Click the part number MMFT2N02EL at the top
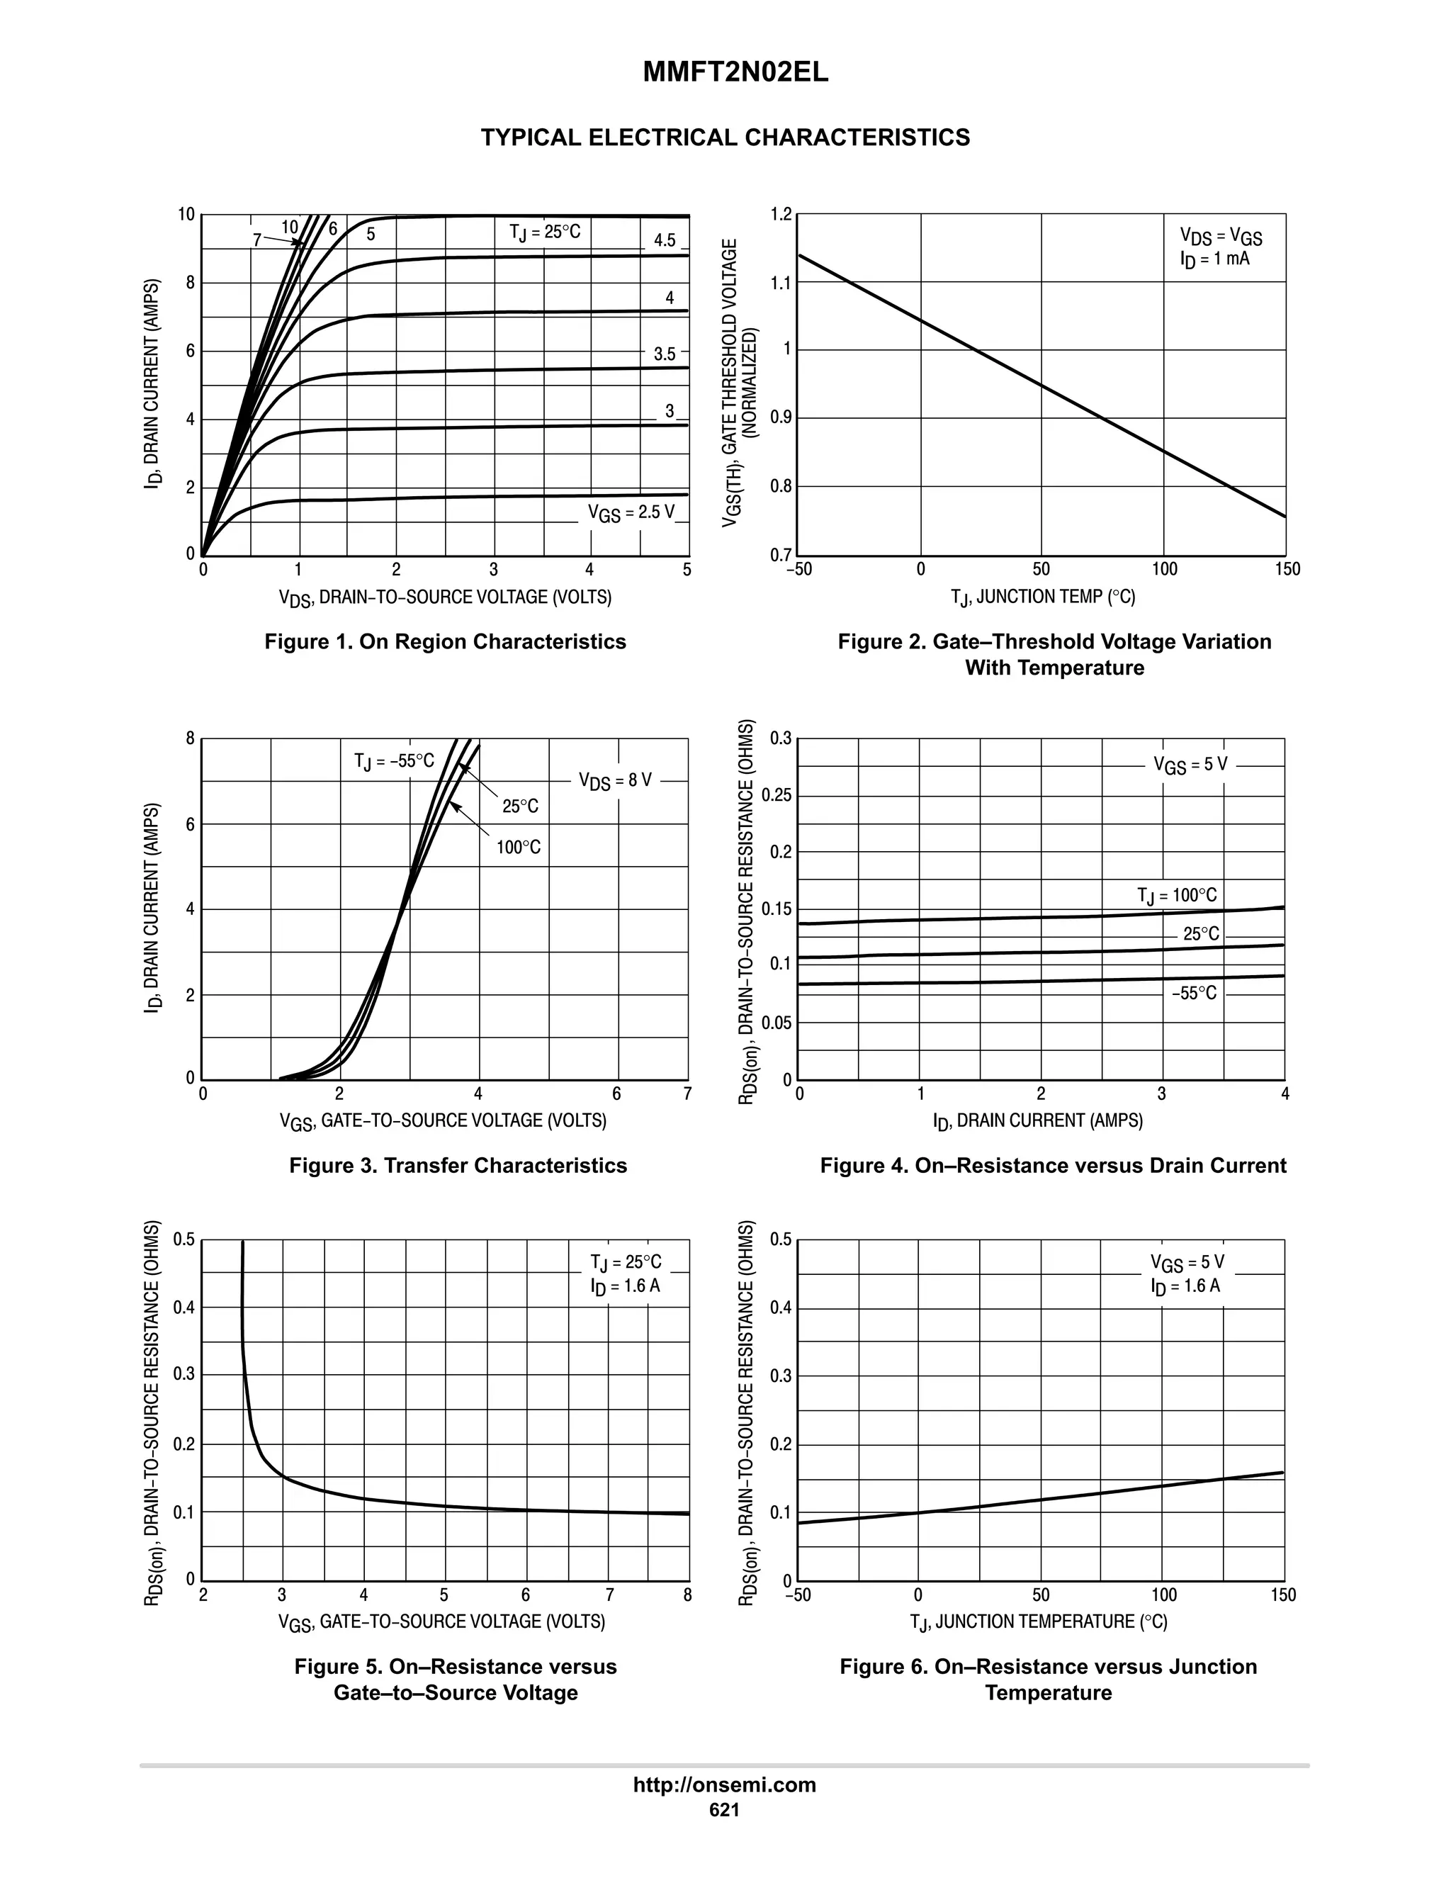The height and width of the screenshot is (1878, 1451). coord(736,73)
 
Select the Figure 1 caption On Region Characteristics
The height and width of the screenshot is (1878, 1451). coord(445,641)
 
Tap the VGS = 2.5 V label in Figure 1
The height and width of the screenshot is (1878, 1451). coord(631,512)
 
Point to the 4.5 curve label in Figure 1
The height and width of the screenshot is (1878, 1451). coord(665,240)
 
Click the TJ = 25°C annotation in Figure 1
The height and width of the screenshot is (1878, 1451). coord(544,232)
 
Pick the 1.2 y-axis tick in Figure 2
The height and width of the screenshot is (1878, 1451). coord(781,214)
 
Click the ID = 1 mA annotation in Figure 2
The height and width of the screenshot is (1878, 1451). coord(1214,259)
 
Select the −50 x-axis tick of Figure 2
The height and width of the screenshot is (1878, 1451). coord(798,569)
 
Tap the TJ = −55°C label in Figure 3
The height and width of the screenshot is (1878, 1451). coord(395,761)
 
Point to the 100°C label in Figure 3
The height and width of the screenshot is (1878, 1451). coord(519,848)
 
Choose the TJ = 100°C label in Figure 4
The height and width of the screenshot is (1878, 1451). coord(1177,896)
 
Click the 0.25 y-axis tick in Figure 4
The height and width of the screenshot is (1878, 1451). coord(777,795)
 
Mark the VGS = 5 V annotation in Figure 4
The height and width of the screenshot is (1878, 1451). coord(1190,765)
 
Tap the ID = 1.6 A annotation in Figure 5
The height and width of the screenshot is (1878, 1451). coord(625,1286)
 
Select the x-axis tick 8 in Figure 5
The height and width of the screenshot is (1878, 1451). coord(687,1596)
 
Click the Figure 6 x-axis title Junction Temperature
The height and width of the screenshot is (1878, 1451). coord(1039,1621)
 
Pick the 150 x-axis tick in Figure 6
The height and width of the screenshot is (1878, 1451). coord(1282,1596)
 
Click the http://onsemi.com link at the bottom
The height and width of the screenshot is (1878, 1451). coord(725,1785)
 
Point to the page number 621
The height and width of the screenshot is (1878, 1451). coord(725,1810)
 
